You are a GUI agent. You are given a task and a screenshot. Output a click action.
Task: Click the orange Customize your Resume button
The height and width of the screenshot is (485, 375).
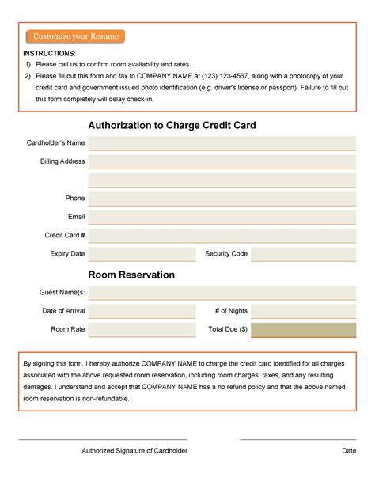click(x=75, y=36)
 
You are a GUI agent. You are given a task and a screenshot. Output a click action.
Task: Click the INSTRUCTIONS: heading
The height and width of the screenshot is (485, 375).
click(x=50, y=53)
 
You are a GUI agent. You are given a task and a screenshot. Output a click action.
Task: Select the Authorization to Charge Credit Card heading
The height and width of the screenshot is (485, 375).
click(x=172, y=125)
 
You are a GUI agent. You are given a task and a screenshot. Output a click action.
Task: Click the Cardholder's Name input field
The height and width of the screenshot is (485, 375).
click(x=222, y=143)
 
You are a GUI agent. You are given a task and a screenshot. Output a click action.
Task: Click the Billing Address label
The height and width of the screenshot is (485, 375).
click(x=62, y=161)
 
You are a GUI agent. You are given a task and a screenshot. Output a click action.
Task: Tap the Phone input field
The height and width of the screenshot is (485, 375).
click(x=222, y=199)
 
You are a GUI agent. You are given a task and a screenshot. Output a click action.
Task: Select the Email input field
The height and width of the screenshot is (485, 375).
click(x=222, y=217)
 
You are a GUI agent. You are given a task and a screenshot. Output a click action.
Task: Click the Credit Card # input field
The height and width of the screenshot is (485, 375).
click(x=222, y=236)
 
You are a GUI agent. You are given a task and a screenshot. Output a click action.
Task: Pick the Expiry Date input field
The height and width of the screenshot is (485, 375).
click(x=142, y=254)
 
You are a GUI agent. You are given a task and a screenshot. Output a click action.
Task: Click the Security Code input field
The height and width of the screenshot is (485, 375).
click(x=304, y=254)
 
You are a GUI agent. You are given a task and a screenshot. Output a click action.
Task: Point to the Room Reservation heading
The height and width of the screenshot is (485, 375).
click(x=131, y=275)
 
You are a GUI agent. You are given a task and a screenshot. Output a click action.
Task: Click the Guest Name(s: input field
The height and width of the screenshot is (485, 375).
click(x=222, y=293)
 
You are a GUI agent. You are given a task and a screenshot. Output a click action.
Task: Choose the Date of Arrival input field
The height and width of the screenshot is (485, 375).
click(x=142, y=311)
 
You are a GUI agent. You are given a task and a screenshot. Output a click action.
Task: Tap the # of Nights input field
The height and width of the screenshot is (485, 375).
click(x=304, y=311)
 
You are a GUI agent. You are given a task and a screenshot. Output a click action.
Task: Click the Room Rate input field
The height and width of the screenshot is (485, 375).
click(x=142, y=329)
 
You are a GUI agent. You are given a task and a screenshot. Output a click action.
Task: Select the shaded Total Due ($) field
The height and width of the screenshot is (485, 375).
click(x=304, y=329)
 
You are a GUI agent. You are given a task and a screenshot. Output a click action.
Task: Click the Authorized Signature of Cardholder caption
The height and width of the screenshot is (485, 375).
click(x=134, y=451)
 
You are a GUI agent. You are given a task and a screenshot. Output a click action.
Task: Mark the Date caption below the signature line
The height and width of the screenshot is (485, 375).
click(x=349, y=451)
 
